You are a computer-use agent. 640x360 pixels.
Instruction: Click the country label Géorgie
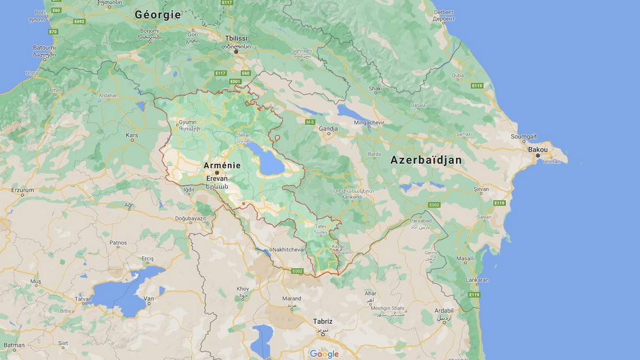click(x=157, y=14)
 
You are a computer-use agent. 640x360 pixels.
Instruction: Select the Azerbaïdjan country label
click(x=426, y=160)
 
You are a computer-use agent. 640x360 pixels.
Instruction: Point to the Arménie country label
click(x=222, y=166)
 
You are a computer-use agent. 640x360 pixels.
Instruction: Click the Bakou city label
click(x=538, y=149)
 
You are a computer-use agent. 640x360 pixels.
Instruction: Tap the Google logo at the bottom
click(x=324, y=354)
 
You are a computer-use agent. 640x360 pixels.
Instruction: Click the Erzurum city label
click(x=22, y=190)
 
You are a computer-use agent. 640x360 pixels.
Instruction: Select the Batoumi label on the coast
click(x=44, y=47)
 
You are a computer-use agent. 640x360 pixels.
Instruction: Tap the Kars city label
click(x=132, y=136)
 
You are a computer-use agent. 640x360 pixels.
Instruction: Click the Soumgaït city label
click(x=524, y=136)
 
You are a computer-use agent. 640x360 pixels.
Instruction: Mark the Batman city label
click(x=14, y=346)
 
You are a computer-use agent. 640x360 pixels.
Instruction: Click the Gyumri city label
click(x=188, y=122)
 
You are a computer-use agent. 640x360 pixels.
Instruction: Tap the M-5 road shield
click(x=310, y=122)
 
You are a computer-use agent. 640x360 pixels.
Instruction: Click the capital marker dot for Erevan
click(x=217, y=172)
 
